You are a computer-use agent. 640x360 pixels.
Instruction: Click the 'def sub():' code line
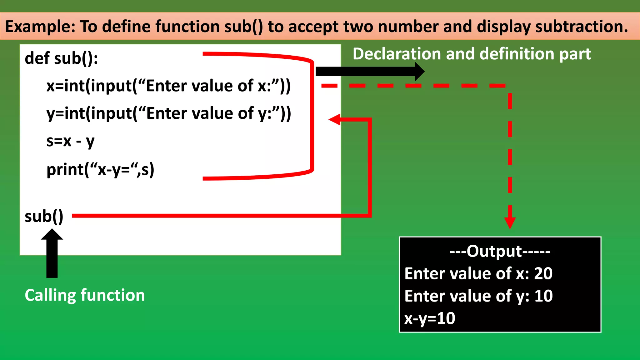(x=61, y=58)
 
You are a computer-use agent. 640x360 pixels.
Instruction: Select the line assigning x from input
(x=168, y=86)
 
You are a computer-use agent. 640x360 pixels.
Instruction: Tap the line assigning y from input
(x=168, y=113)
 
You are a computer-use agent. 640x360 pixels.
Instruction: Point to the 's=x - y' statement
(x=70, y=141)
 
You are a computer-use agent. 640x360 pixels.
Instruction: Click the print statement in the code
(x=100, y=170)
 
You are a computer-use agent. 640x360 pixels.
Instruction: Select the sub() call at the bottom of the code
(x=44, y=216)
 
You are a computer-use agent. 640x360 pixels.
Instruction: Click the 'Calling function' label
(x=85, y=295)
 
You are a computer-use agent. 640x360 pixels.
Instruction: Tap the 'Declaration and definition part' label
(x=472, y=54)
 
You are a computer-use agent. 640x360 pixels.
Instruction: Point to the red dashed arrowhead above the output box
(x=510, y=222)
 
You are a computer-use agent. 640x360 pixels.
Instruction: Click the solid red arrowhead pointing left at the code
(x=335, y=119)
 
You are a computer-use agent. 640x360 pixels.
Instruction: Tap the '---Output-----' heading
(x=500, y=251)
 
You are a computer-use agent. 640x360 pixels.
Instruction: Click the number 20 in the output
(x=543, y=273)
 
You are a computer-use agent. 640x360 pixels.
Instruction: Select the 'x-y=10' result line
(x=430, y=318)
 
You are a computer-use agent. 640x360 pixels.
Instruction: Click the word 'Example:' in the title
(x=40, y=26)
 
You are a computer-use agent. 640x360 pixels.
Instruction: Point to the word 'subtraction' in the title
(x=579, y=26)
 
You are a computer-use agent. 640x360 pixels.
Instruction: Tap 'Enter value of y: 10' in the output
(x=478, y=296)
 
